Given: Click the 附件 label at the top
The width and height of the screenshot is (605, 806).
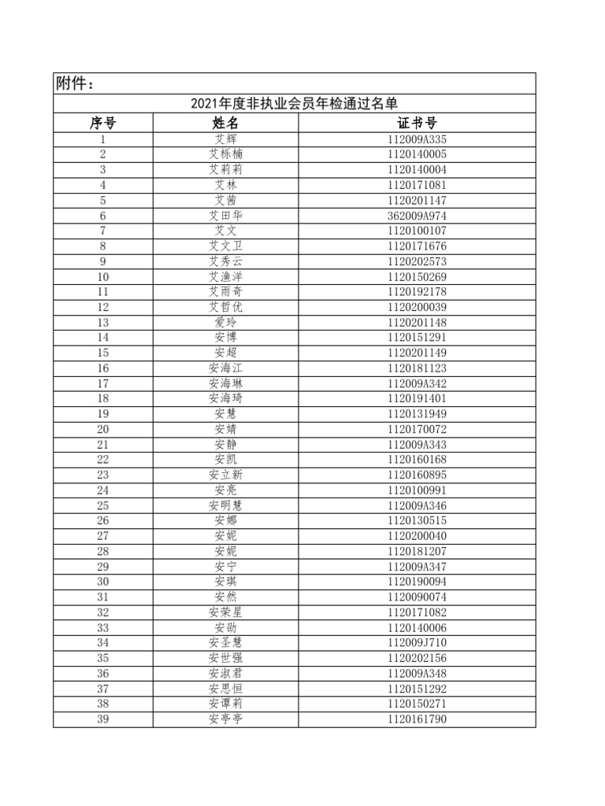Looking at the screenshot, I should click(x=76, y=84).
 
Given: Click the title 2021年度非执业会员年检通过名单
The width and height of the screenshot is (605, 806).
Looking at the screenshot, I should click(x=294, y=104).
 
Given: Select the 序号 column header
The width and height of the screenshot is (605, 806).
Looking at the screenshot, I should click(x=103, y=123).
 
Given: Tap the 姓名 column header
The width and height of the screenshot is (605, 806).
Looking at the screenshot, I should click(x=225, y=123).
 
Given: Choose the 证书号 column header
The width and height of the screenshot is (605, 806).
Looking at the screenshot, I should click(x=417, y=123).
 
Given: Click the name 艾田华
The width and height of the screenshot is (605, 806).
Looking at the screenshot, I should click(x=225, y=216).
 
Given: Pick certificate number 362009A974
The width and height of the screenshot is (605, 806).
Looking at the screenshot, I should click(x=417, y=216).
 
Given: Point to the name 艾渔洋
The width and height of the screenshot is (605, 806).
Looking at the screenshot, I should click(x=225, y=277).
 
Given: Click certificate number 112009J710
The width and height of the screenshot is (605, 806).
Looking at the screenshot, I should click(x=417, y=642).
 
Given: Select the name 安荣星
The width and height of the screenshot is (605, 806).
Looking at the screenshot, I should click(x=225, y=612).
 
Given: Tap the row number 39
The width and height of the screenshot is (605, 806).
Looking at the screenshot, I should click(x=103, y=719).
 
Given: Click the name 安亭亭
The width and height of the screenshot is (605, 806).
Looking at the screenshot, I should click(x=225, y=719).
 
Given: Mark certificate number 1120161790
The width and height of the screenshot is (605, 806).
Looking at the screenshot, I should click(x=417, y=719).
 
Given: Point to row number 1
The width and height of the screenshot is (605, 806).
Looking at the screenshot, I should click(x=103, y=139).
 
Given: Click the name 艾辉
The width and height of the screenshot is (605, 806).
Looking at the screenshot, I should click(x=225, y=139).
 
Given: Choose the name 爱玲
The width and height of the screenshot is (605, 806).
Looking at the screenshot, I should click(x=225, y=323).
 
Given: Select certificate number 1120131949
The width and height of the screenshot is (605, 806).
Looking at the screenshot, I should click(x=417, y=414).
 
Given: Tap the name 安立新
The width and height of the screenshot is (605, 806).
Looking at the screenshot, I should click(x=225, y=475).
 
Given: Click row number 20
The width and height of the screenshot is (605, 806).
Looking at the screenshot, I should click(x=103, y=429).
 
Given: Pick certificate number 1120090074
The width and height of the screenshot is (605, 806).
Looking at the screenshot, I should click(x=417, y=597).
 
